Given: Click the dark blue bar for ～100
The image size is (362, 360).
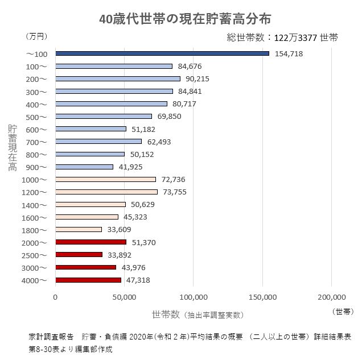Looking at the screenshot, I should coord(162,53).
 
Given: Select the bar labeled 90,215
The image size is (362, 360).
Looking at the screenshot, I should coord(118,78).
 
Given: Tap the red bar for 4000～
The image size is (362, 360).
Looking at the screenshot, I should coord(88,280).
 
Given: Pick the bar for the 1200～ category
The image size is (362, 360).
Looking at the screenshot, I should coord(106,192).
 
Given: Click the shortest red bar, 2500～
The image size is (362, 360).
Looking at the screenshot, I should coord(79,254).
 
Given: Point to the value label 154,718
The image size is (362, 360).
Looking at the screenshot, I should coord(289,54).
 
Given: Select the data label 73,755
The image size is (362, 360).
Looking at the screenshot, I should coord(174,192).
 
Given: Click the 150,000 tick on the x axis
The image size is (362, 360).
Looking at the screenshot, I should coord(262,297).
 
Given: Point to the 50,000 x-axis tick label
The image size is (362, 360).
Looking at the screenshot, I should coord(124,297).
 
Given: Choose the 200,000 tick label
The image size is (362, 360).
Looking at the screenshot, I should coord(331,297).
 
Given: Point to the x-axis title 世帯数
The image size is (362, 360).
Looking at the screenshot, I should coord(166,314).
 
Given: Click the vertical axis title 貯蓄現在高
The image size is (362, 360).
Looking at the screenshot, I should coord(13,148).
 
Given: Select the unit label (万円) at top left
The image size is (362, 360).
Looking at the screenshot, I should coord(36,36).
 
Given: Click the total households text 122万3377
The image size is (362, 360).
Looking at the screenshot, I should coord(295,38).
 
